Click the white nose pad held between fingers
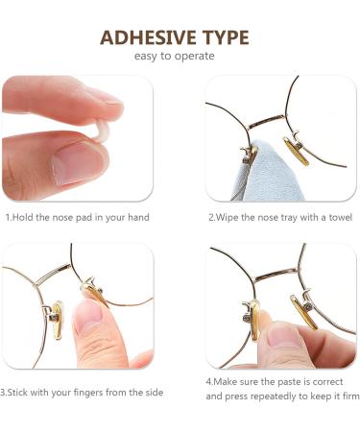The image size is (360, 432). click(x=102, y=132)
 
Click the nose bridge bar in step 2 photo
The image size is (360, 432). click(x=266, y=120)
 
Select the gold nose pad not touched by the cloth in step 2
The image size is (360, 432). click(x=297, y=152)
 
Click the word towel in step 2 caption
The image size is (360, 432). click(x=341, y=218)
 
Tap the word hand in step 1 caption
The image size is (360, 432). click(x=138, y=218)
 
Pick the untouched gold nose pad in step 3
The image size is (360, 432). click(x=58, y=320)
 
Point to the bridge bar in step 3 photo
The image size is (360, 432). click(x=53, y=274)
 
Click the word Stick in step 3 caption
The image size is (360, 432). click(x=17, y=393)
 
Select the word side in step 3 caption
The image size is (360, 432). click(x=155, y=393)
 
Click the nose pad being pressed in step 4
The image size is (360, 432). click(x=254, y=321)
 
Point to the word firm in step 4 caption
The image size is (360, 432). click(x=351, y=396)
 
